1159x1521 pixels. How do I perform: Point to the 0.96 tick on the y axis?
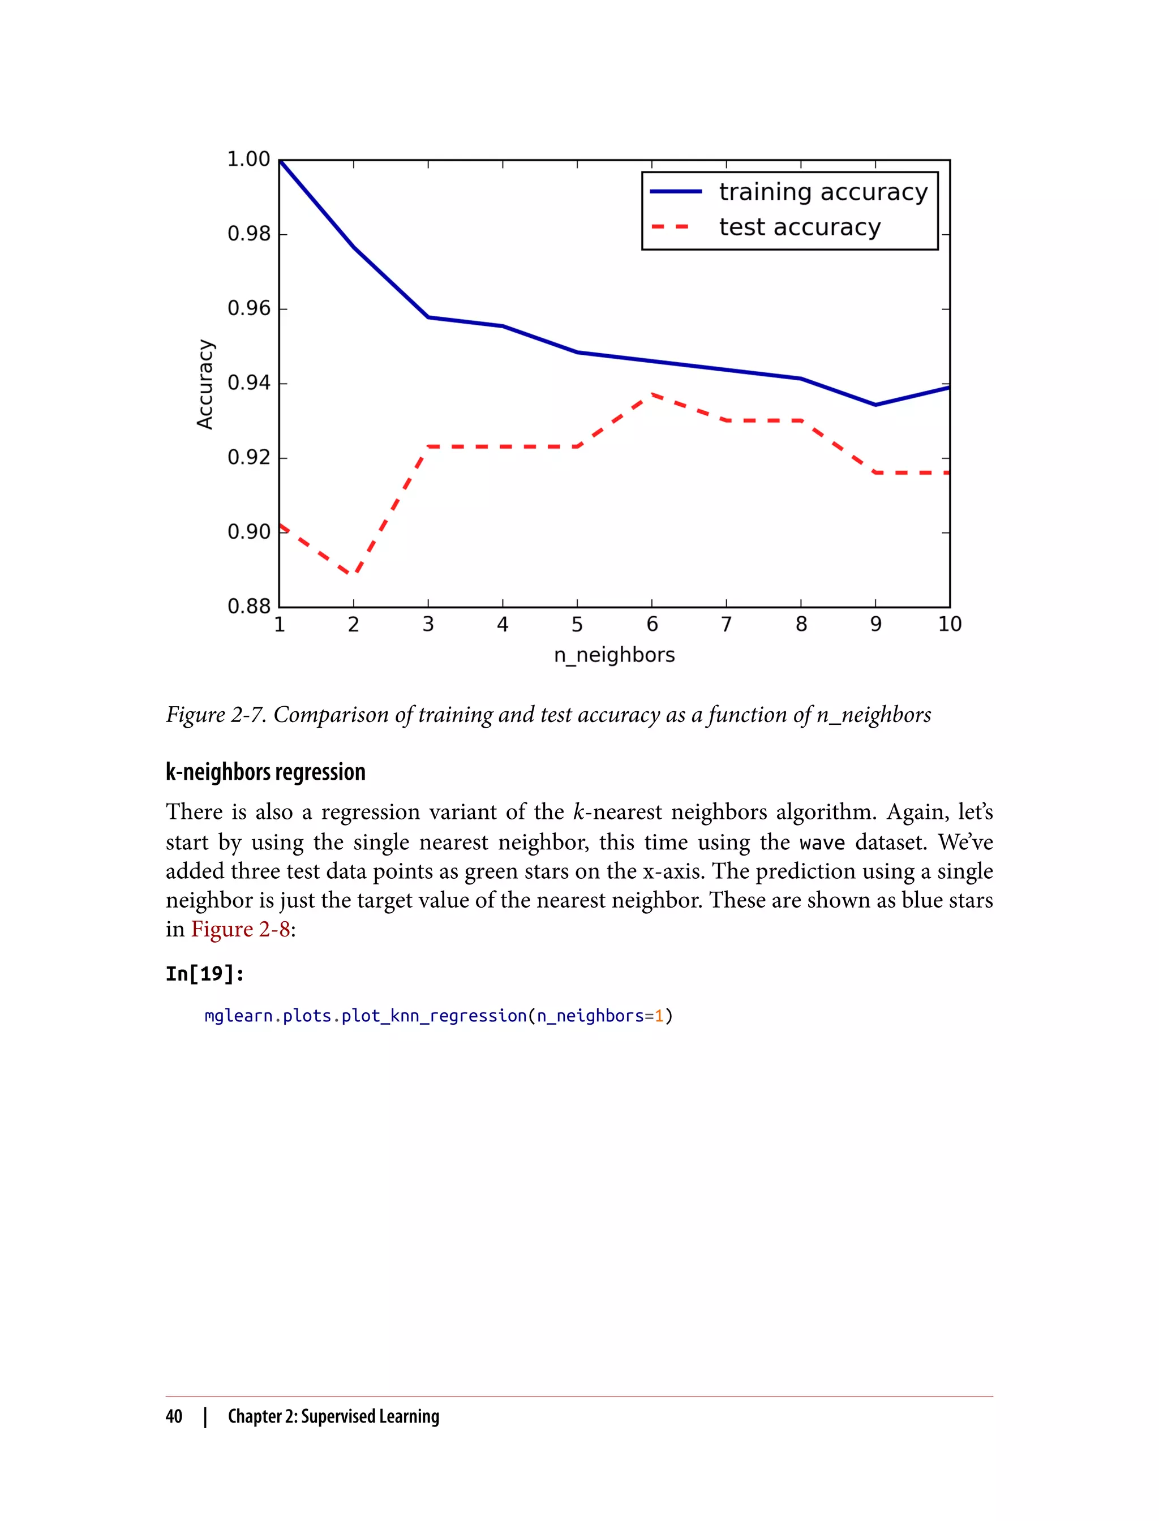[249, 308]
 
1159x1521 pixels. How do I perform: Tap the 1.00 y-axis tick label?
[249, 160]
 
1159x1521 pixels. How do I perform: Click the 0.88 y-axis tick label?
[249, 607]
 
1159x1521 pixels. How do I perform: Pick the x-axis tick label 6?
[652, 625]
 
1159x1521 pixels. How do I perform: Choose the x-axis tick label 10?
[949, 625]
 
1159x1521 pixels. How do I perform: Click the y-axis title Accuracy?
[205, 384]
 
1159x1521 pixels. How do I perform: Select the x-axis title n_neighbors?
[614, 655]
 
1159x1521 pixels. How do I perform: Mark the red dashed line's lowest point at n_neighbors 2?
[354, 574]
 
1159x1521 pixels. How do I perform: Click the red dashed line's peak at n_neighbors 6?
[652, 394]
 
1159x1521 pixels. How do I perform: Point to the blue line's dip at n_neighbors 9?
[875, 405]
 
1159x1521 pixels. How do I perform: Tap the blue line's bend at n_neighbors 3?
[428, 317]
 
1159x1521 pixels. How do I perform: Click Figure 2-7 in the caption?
[215, 715]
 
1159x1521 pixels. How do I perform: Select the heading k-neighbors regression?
[265, 772]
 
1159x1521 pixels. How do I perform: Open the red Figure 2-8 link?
[240, 930]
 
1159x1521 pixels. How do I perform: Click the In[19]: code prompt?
[205, 974]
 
